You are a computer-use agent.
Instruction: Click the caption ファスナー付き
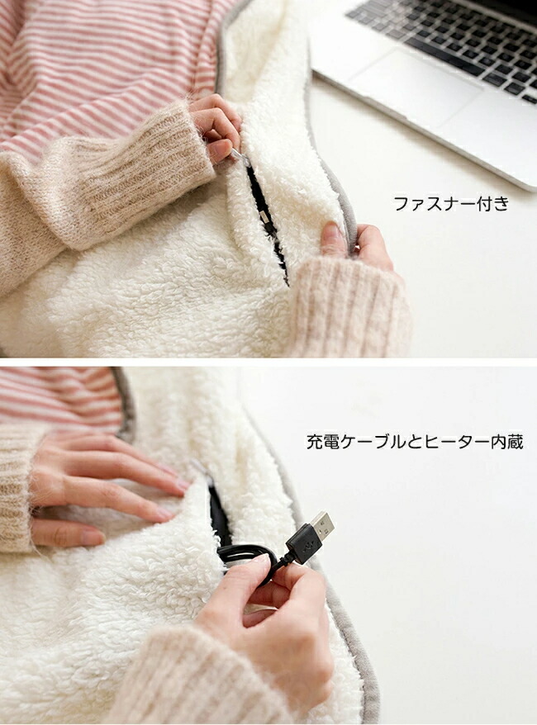click(451, 203)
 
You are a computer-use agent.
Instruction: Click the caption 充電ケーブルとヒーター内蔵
click(415, 442)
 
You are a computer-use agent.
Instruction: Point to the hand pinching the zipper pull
click(215, 125)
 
